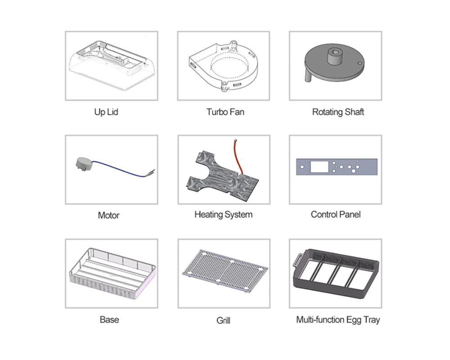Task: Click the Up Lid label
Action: [x=106, y=112]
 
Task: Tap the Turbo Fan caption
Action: [x=225, y=112]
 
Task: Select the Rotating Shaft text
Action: [x=338, y=112]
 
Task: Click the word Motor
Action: [x=108, y=215]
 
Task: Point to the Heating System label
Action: [x=223, y=215]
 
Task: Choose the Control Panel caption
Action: [x=336, y=215]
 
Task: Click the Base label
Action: [x=109, y=319]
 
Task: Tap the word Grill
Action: [x=223, y=320]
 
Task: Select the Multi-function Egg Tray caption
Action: [x=338, y=320]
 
